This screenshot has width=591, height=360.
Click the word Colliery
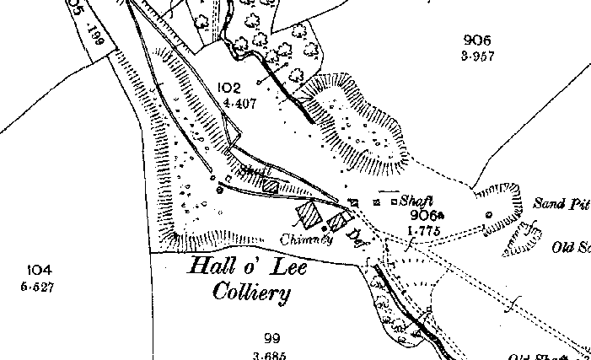pos(250,294)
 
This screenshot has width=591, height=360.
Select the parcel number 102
pos(228,88)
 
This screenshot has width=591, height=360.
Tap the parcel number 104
pos(40,270)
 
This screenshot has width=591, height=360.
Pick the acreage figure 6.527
pos(40,287)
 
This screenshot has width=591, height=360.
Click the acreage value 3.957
pos(477,56)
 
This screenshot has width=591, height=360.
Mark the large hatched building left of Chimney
pos(310,214)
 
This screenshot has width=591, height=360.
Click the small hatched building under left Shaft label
pos(270,185)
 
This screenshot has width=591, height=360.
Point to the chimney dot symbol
pos(324,228)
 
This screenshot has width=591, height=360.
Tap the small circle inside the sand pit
pos(488,215)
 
